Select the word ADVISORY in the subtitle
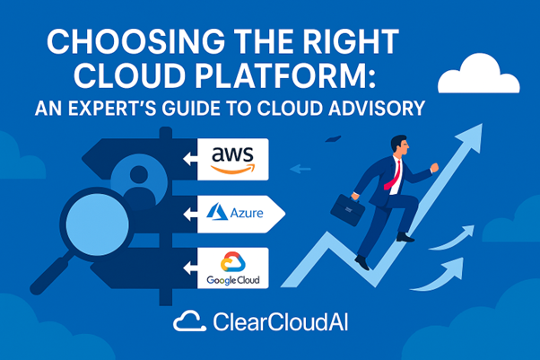tap(377, 109)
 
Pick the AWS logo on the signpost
tap(233, 159)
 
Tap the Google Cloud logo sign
tap(233, 268)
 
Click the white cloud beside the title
tap(479, 75)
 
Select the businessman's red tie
tap(394, 176)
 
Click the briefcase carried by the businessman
tap(347, 210)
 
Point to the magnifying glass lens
tap(97, 224)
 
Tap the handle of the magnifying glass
tap(51, 275)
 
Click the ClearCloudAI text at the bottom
tap(281, 322)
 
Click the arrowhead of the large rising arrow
tap(470, 137)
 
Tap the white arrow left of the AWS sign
tap(190, 159)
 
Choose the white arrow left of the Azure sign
tap(190, 215)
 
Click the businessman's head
tap(400, 145)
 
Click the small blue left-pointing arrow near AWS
tap(300, 169)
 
